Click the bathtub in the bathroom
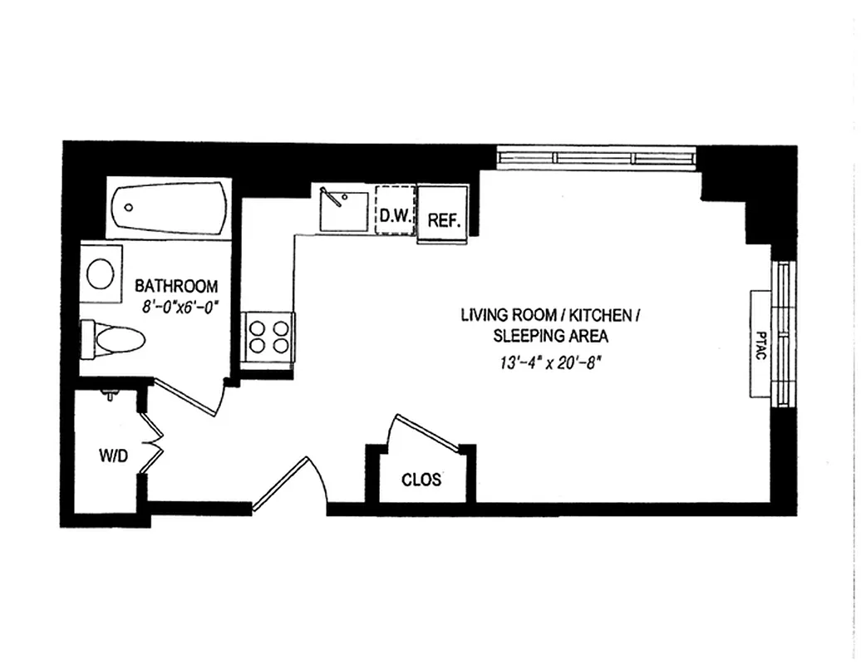[170, 209]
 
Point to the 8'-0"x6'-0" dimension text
[179, 307]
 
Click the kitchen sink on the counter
[342, 209]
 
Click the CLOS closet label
[421, 480]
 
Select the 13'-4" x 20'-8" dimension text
[550, 362]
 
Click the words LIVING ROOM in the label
[506, 316]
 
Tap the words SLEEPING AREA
[550, 337]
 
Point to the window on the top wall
[595, 158]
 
